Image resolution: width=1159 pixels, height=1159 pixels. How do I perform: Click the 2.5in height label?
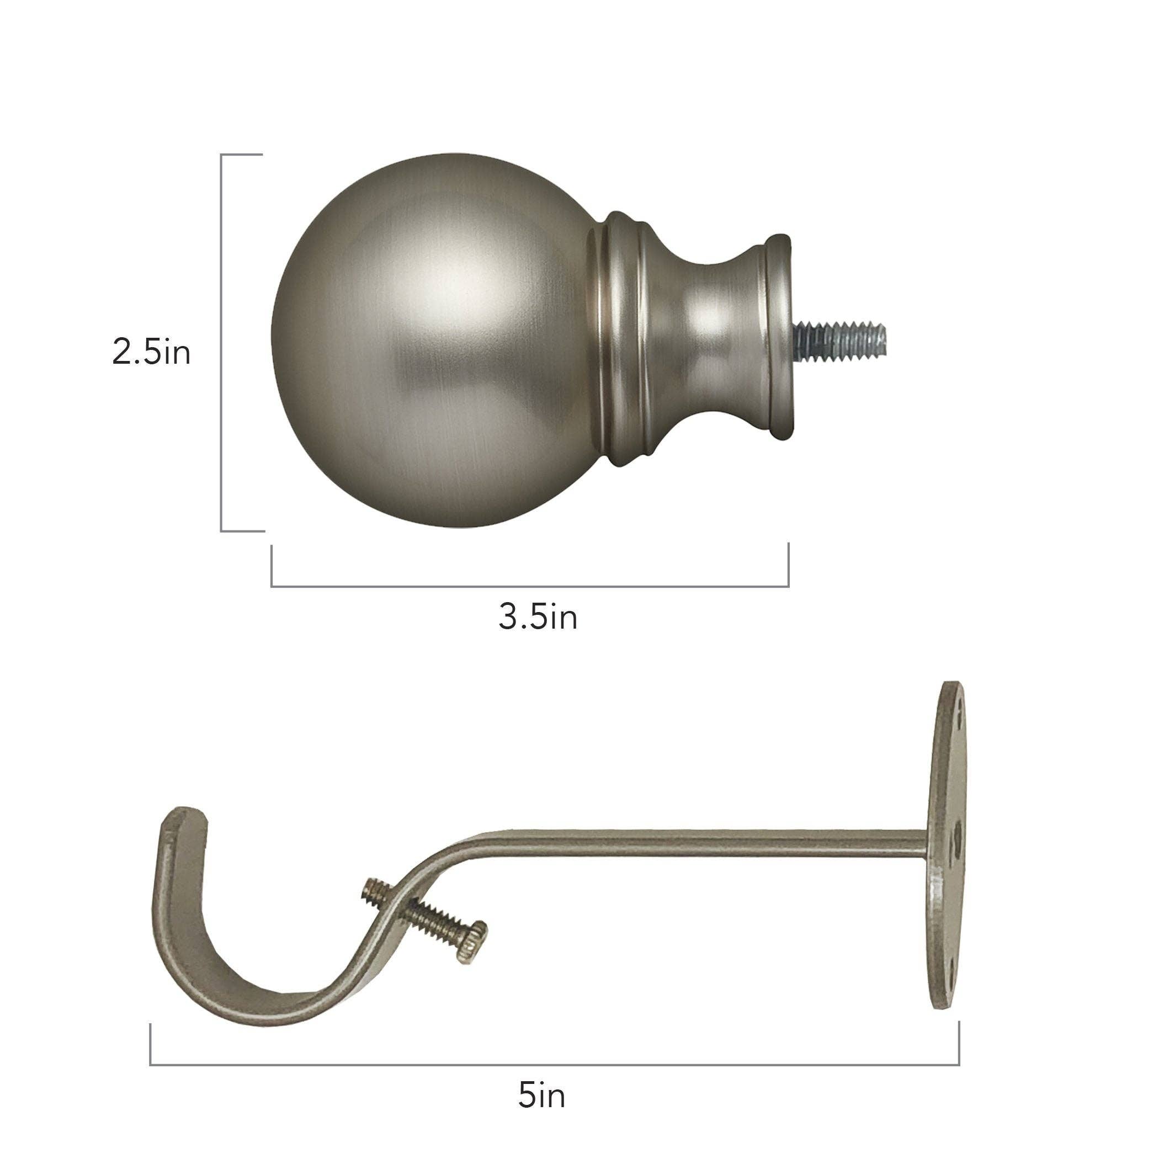pos(151,352)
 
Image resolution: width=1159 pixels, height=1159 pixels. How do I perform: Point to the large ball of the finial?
pos(432,342)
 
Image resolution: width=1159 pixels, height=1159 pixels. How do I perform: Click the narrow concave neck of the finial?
pos(717,336)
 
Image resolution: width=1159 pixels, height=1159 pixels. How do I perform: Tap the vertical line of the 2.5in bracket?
pos(221,342)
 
